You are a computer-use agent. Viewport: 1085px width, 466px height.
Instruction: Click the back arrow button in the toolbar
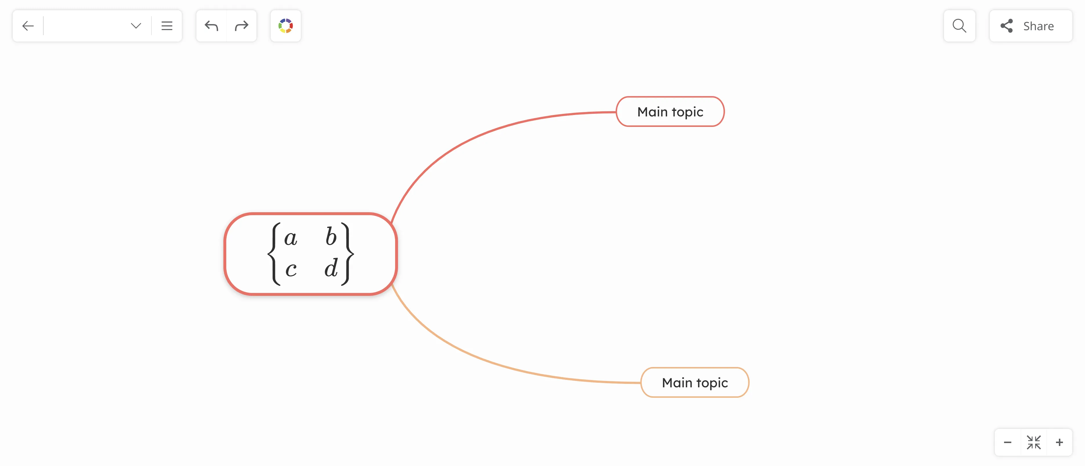[x=28, y=26]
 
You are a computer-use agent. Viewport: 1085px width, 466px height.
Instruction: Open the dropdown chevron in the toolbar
[x=136, y=26]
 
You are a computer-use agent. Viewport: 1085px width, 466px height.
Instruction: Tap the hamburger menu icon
[x=167, y=26]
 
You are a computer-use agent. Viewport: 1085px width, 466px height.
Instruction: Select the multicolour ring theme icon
[x=285, y=26]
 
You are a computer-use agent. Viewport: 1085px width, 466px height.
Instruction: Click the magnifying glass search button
[x=959, y=26]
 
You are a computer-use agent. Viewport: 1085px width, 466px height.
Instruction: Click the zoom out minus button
[x=1008, y=442]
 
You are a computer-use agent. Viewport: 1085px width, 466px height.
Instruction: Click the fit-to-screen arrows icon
[x=1034, y=442]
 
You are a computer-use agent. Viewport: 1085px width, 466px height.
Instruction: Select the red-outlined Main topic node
[x=670, y=112]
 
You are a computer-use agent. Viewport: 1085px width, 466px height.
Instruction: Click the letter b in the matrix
[x=331, y=237]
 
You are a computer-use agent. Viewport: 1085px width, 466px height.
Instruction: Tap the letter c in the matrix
[x=291, y=269]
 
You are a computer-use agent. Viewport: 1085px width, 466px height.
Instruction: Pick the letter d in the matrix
[x=331, y=268]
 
